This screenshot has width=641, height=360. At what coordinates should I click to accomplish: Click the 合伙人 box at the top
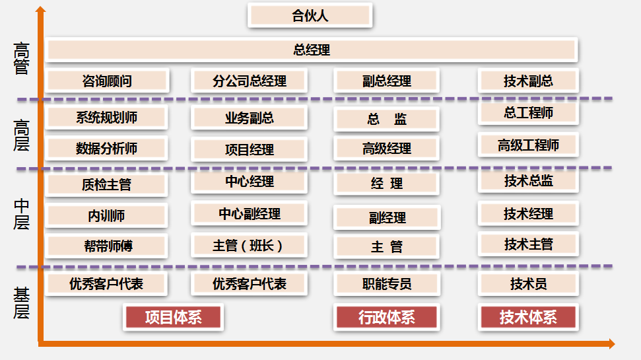click(310, 16)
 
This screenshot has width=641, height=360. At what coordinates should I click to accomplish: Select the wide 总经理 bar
click(312, 50)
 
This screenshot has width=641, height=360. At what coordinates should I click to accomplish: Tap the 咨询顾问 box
click(107, 81)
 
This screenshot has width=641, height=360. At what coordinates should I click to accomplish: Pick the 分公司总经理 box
click(250, 81)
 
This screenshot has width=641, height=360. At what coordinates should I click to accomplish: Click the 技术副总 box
click(528, 81)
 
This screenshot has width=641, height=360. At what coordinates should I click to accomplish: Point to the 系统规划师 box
click(107, 118)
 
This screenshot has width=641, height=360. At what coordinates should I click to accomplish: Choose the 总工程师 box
click(528, 113)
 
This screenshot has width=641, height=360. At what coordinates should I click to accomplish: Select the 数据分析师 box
click(107, 148)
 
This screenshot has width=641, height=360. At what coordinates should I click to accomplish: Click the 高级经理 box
click(387, 149)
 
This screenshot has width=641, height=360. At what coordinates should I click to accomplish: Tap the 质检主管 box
click(107, 184)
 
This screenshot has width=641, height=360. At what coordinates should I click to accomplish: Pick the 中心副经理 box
click(250, 214)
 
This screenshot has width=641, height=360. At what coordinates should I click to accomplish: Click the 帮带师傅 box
click(107, 246)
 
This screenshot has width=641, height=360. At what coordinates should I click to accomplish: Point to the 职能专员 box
click(387, 284)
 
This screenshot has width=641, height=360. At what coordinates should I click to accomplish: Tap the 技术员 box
click(528, 284)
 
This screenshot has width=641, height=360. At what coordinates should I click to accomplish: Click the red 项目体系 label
click(174, 318)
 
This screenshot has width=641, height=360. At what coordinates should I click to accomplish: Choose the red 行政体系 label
click(387, 318)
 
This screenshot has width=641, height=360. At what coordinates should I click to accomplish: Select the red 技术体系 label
click(528, 318)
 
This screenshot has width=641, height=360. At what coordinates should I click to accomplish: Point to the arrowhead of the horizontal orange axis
click(611, 343)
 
